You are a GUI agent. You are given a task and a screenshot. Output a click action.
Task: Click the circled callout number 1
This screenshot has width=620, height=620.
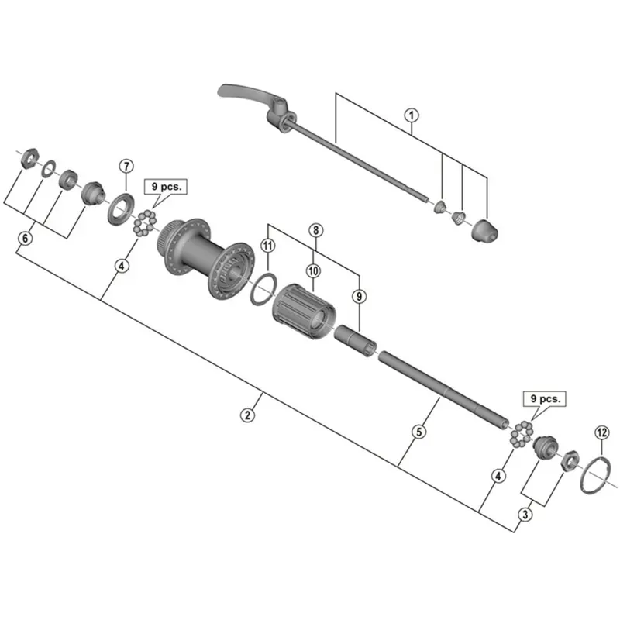coord(411,116)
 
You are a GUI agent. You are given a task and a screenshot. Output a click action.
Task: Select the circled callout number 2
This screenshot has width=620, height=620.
coord(247,415)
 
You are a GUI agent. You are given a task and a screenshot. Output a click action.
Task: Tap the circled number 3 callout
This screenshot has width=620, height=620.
coord(525,513)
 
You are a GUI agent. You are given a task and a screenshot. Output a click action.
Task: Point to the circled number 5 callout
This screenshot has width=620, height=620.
coord(418,432)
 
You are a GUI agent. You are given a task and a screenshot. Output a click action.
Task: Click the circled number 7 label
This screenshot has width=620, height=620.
coord(126,166)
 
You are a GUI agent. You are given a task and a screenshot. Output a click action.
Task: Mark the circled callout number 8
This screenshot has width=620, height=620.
coord(315,230)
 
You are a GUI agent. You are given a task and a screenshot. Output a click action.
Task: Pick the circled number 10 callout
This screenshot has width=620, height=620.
coord(313,270)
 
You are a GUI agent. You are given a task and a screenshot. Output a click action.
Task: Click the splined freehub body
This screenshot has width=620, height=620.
coord(305,310)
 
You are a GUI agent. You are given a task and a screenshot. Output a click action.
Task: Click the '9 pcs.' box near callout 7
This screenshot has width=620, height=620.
coord(165,188)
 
